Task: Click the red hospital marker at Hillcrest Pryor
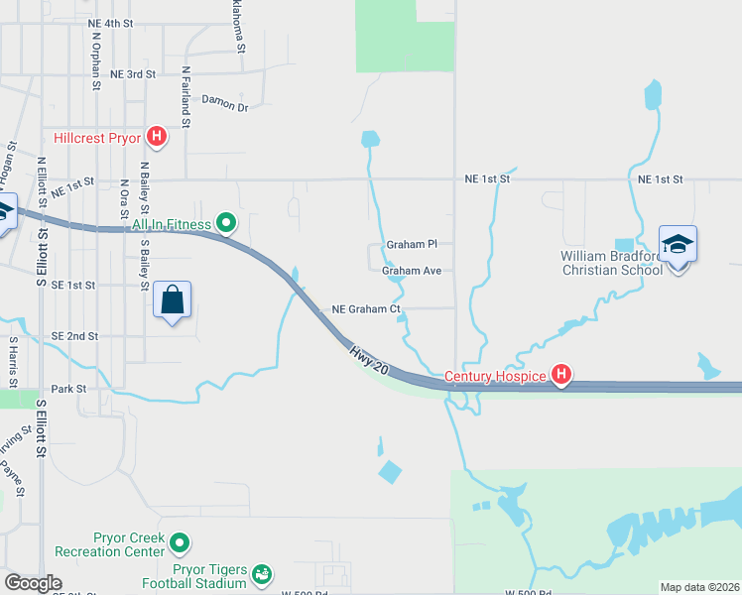click(156, 136)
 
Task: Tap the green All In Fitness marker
click(226, 223)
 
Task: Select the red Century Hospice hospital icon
click(561, 374)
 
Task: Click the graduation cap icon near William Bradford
click(679, 245)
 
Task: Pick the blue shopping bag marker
click(173, 299)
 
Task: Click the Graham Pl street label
click(412, 244)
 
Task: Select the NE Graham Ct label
click(366, 309)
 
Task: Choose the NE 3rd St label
click(134, 74)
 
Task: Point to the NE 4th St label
click(110, 23)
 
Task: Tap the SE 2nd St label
click(74, 336)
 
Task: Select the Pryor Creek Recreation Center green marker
click(180, 542)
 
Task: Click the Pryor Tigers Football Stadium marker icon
click(262, 574)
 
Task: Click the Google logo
click(33, 583)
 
